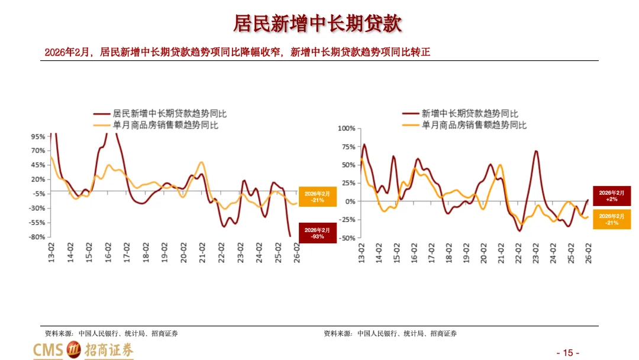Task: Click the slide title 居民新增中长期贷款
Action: coord(318,24)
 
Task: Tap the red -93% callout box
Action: coord(318,233)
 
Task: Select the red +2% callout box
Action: coord(611,196)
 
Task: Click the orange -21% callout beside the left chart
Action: coord(318,197)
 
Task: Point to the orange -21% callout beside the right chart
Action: coord(611,219)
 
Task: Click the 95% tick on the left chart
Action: coord(38,137)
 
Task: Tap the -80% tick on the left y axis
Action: coord(37,237)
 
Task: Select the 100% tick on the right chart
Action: coord(346,128)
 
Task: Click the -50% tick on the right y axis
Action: coord(348,238)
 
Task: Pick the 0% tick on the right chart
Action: coord(350,201)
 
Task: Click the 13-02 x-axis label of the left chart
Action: coord(51,252)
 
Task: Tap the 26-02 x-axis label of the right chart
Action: coord(588,253)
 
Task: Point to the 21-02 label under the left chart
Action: coord(202,252)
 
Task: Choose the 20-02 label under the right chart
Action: coord(483,253)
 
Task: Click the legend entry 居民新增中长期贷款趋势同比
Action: coord(160,114)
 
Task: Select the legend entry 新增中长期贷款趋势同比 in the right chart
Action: coord(460,114)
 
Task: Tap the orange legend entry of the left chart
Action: coord(156,125)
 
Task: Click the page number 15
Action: coord(567,353)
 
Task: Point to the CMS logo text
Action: coord(48,350)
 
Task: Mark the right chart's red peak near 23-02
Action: coord(536,151)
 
